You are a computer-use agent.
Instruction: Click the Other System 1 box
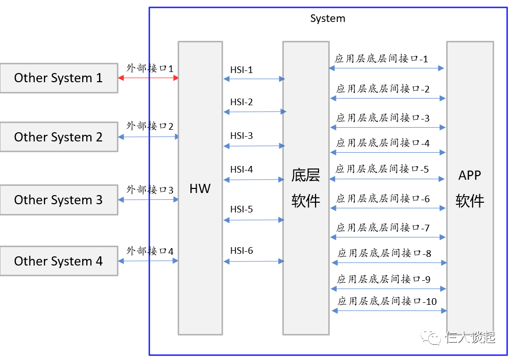pyautogui.click(x=59, y=78)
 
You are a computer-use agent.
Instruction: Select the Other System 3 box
pyautogui.click(x=59, y=200)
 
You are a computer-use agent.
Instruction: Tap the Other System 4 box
pyautogui.click(x=59, y=261)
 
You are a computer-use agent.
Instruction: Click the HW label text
pyautogui.click(x=200, y=188)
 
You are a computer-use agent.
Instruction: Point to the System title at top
pyautogui.click(x=328, y=18)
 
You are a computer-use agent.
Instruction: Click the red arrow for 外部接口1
pyautogui.click(x=148, y=78)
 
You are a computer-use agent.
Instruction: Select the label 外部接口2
pyautogui.click(x=150, y=126)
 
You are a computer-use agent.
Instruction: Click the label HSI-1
pyautogui.click(x=241, y=69)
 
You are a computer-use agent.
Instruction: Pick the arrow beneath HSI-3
pyautogui.click(x=254, y=146)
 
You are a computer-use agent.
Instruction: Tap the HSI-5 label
pyautogui.click(x=241, y=209)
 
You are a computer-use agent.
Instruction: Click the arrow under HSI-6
pyautogui.click(x=254, y=261)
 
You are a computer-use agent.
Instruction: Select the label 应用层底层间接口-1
pyautogui.click(x=381, y=59)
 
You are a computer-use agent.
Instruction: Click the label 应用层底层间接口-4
pyautogui.click(x=383, y=143)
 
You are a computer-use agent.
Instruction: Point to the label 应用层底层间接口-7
pyautogui.click(x=383, y=227)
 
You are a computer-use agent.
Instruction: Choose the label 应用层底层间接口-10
pyautogui.click(x=387, y=301)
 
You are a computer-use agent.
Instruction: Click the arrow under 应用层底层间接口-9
pyautogui.click(x=389, y=289)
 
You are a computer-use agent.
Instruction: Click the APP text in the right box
pyautogui.click(x=470, y=175)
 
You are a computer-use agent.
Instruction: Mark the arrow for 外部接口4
pyautogui.click(x=148, y=261)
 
